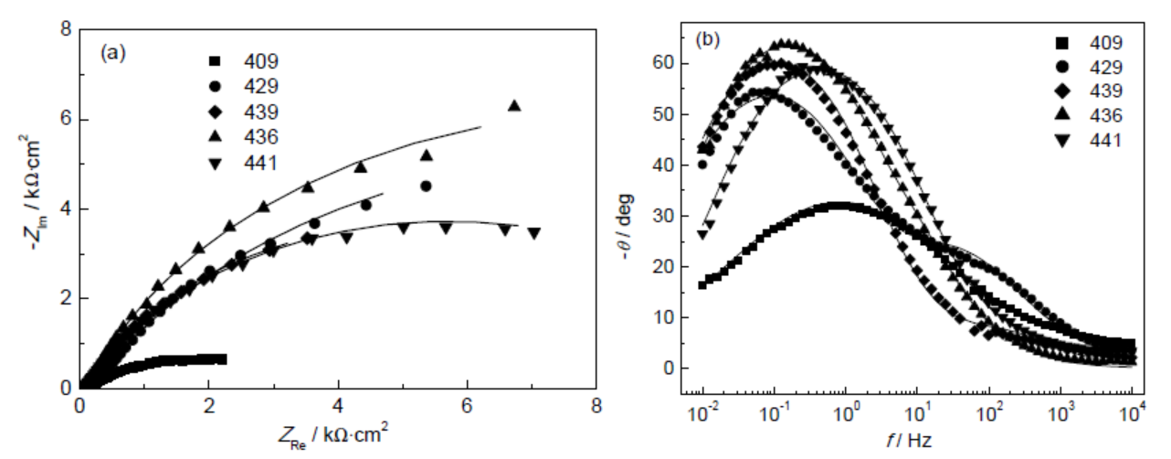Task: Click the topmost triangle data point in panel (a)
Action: pyautogui.click(x=514, y=106)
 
